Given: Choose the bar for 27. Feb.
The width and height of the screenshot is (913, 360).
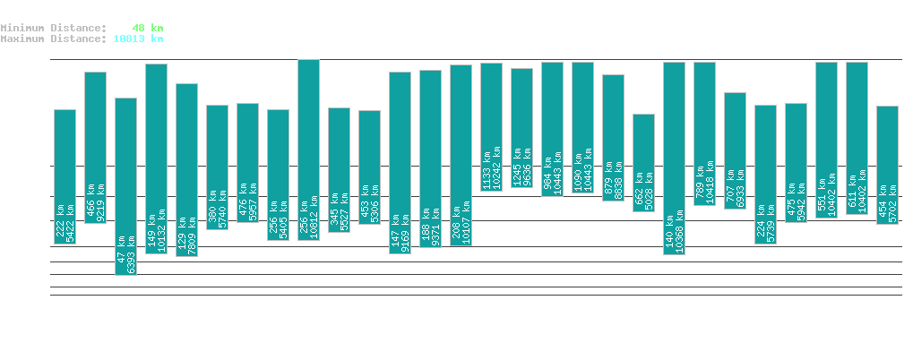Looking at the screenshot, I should tap(491, 126).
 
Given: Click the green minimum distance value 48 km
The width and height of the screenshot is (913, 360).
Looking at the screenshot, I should tap(146, 28).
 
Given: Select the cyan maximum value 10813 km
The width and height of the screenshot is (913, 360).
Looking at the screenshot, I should tap(138, 39).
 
